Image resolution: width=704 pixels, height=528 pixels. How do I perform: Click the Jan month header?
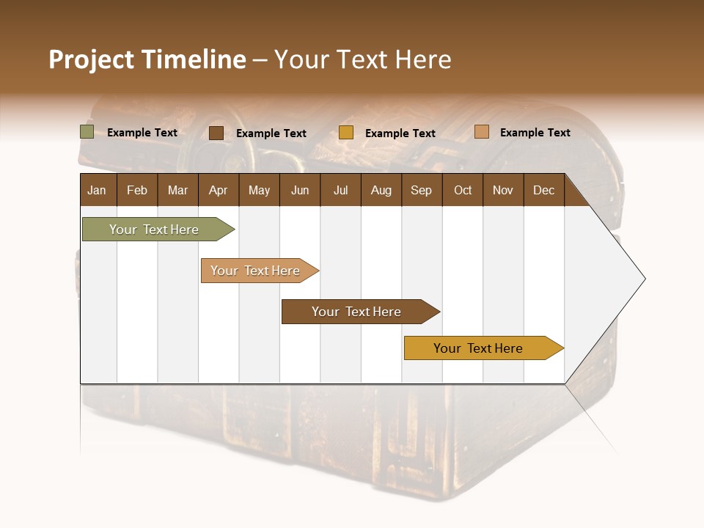pos(97,190)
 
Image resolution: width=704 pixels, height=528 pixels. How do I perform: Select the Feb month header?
pos(137,190)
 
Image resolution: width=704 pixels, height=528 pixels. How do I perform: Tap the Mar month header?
pos(177,190)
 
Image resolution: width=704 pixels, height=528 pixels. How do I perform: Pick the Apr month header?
pos(218,190)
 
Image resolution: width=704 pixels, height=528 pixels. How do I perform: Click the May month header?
pos(259,190)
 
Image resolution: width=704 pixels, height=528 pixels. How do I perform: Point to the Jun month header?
pos(300,190)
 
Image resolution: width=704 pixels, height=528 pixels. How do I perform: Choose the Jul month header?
pos(340,190)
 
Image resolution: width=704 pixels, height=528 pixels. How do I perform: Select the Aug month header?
pos(381,190)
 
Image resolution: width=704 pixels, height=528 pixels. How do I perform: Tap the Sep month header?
pos(421,190)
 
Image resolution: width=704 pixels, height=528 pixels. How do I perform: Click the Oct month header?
pos(463,190)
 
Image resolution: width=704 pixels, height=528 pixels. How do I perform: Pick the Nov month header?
pos(502,190)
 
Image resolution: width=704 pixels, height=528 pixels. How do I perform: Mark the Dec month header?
pos(543,190)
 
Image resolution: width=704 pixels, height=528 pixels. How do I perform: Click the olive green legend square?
pos(87,132)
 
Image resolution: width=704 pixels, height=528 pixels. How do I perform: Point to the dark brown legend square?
pos(216,133)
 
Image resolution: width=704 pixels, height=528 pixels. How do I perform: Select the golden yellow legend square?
pos(346,133)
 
